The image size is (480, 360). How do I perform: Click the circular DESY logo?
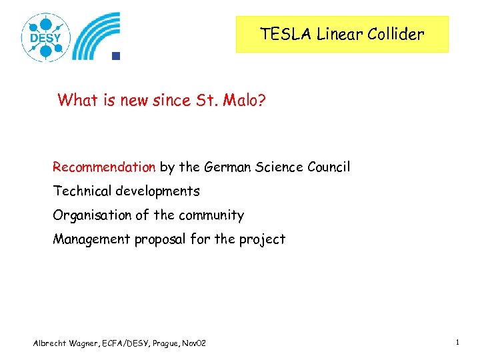[x=45, y=37]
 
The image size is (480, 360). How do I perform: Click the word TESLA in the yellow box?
[x=281, y=35]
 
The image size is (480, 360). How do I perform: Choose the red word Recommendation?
[x=104, y=167]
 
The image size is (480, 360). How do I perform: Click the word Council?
[x=326, y=167]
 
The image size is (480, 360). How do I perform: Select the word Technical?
[x=83, y=191]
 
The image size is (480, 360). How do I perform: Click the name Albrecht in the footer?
[x=50, y=343]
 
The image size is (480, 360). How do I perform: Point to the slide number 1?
[x=458, y=342]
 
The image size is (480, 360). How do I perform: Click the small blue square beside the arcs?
[x=115, y=56]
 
